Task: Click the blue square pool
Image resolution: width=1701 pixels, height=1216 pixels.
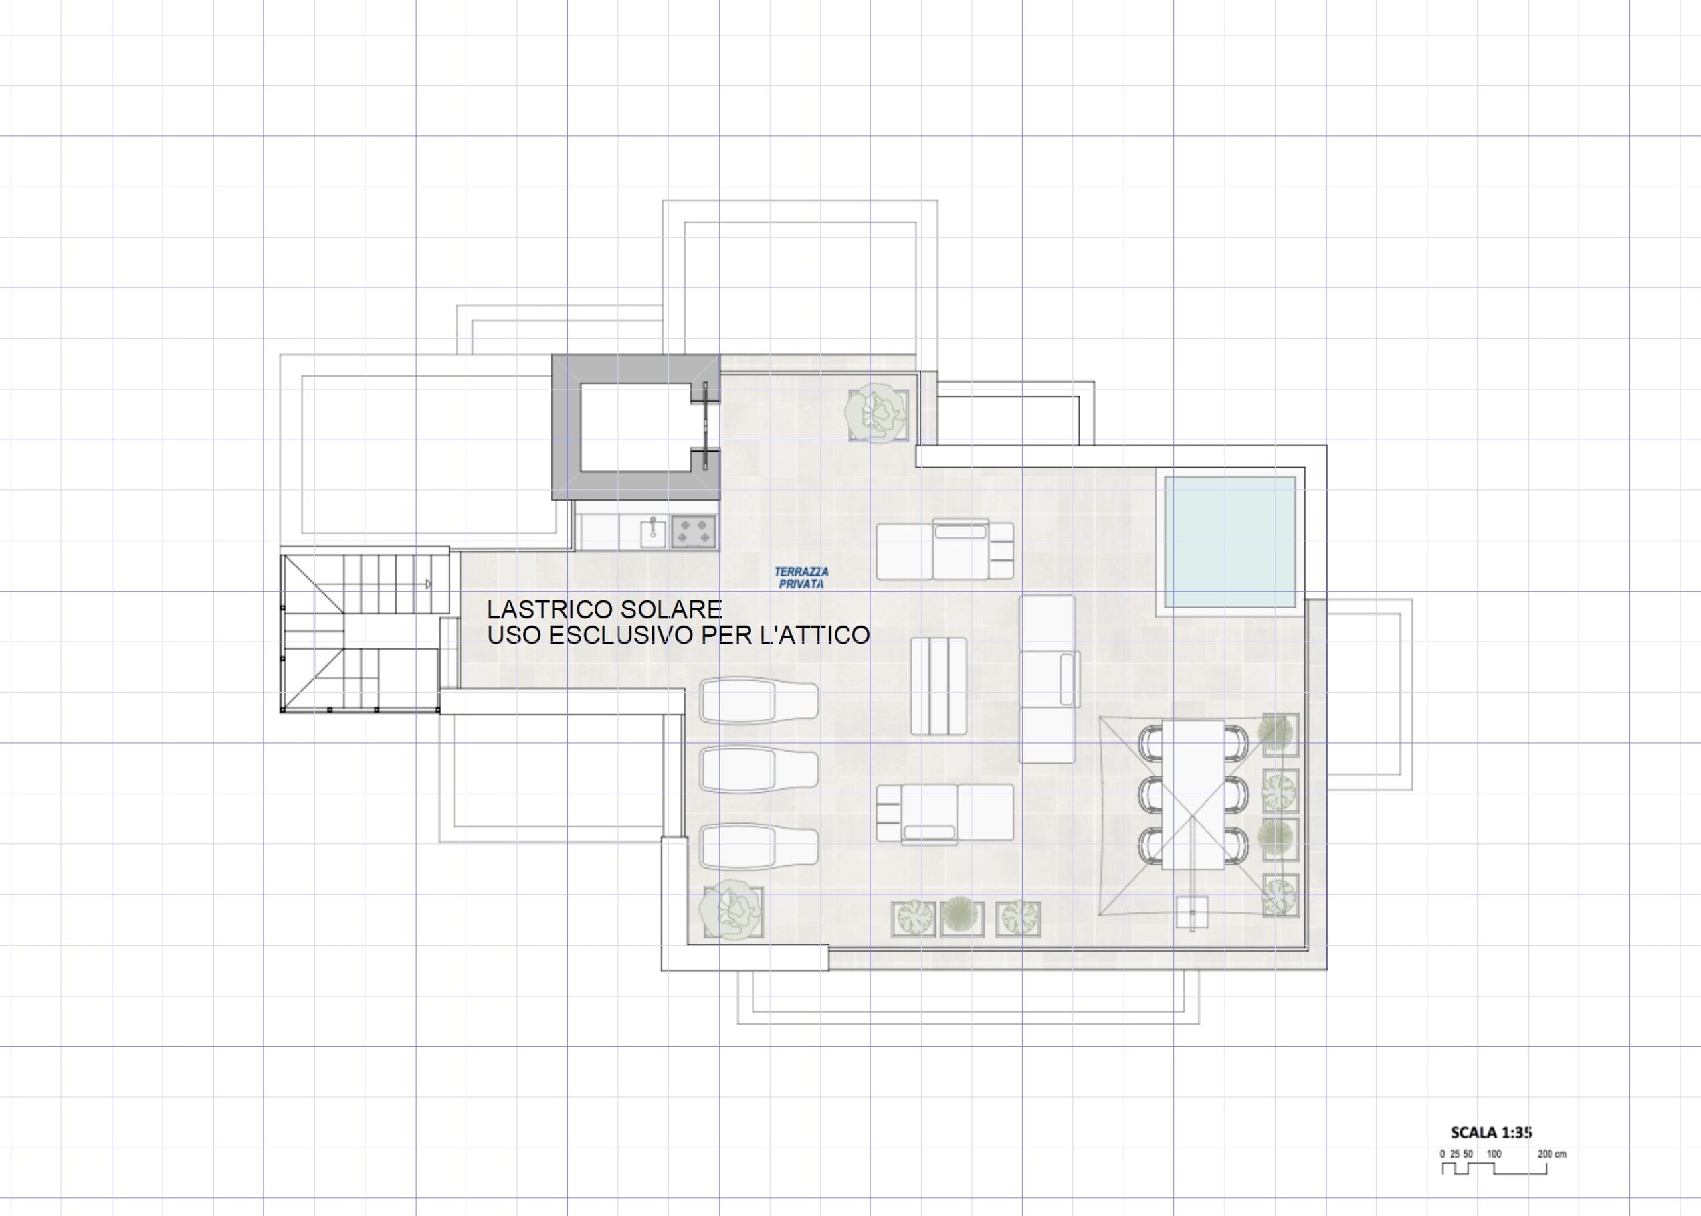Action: [x=1230, y=541]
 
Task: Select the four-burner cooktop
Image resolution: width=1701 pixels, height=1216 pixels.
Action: [x=694, y=531]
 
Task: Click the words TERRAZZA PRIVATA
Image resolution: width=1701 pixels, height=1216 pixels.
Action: [x=801, y=578]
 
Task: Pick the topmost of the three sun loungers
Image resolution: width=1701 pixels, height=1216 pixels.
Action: [x=759, y=701]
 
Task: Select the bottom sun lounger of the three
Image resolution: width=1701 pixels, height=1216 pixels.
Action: [x=759, y=847]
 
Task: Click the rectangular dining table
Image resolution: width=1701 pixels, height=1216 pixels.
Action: [x=1193, y=794]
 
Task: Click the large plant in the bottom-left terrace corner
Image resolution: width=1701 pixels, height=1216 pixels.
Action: [x=731, y=911]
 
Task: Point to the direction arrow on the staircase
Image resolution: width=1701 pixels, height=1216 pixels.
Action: [x=428, y=584]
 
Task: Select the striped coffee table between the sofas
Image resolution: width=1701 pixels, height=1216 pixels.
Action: [x=938, y=686]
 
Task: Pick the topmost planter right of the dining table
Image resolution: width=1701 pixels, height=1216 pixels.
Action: [x=1280, y=735]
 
